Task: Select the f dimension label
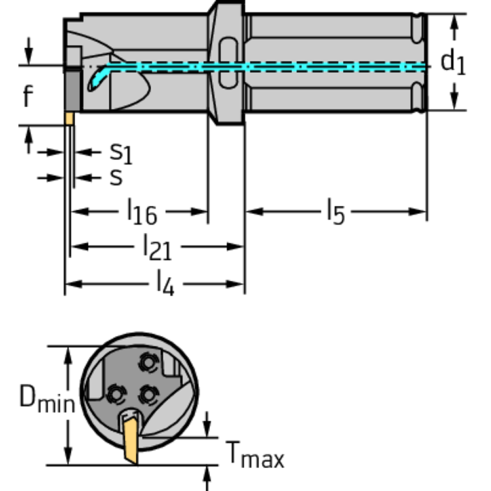point(27,97)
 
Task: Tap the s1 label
point(120,152)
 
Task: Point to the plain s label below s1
point(115,177)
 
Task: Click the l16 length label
point(141,212)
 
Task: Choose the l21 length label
point(157,246)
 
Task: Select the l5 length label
point(335,212)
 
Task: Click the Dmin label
point(46,398)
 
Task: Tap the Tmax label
point(255,455)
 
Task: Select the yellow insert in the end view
point(131,438)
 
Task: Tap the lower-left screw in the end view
point(116,392)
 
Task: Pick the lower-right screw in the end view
point(149,394)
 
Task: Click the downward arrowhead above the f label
point(28,52)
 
